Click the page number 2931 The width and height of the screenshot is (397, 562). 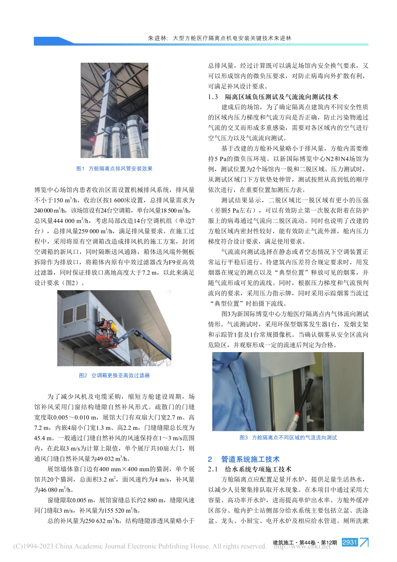click(349, 542)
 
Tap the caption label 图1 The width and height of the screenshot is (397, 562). click(81, 169)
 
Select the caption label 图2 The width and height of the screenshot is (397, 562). click(83, 376)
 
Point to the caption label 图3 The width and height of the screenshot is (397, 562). click(244, 437)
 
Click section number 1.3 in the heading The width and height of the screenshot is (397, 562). click(213, 97)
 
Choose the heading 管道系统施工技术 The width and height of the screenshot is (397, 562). click(250, 459)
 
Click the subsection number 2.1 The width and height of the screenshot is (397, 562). click(213, 469)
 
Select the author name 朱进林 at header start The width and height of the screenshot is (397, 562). click(158, 38)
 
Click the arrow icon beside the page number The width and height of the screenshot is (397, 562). click(364, 542)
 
